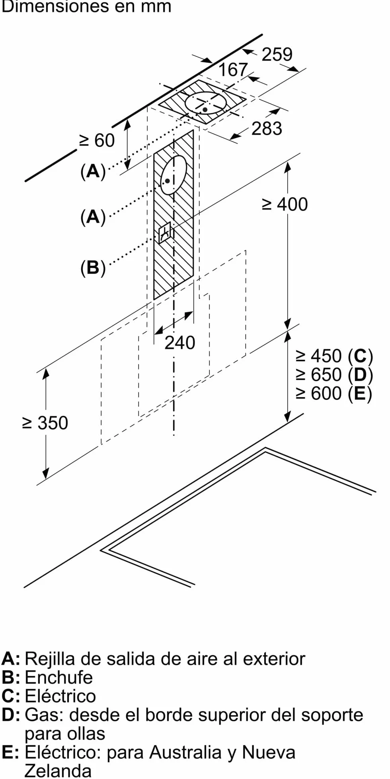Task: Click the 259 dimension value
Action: [277, 54]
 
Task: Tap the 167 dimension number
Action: [233, 70]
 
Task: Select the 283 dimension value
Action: [267, 128]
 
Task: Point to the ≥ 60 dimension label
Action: [97, 140]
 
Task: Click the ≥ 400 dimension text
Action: [285, 204]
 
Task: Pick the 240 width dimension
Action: [180, 343]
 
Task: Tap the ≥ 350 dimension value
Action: [45, 423]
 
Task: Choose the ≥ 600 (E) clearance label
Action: [334, 393]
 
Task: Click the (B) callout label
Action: [93, 267]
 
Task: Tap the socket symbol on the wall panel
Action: [164, 233]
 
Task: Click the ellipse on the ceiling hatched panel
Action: [206, 103]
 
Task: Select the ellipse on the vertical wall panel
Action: [174, 175]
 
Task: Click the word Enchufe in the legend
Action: [58, 677]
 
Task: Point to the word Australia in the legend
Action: [185, 752]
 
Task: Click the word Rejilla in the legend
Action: [50, 659]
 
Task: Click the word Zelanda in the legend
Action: [58, 771]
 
